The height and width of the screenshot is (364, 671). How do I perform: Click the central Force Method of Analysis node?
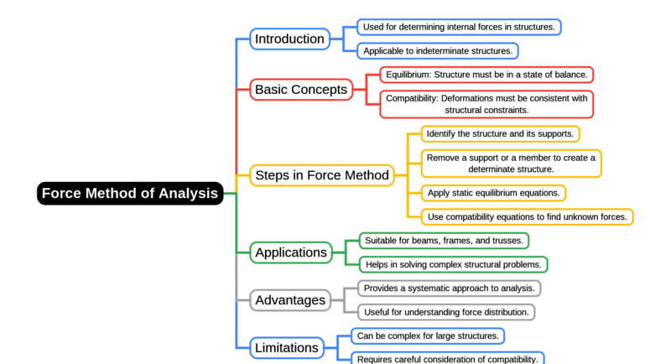130,194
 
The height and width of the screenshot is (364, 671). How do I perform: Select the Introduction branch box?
289,39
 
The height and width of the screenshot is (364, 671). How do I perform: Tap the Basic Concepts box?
301,89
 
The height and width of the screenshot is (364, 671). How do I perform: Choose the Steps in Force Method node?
322,175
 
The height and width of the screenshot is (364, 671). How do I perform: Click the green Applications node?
291,252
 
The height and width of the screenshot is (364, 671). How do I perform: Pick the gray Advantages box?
290,299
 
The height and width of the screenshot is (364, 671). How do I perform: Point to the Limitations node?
287,347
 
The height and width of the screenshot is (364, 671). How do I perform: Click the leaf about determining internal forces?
459,27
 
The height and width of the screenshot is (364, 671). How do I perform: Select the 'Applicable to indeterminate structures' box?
437,50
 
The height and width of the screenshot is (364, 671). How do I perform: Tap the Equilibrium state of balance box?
486,75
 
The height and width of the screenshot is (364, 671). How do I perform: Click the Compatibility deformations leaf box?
486,104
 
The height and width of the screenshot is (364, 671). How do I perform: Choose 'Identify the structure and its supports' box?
500,133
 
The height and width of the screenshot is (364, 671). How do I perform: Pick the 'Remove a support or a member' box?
511,163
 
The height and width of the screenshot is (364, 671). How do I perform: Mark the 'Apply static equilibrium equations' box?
493,193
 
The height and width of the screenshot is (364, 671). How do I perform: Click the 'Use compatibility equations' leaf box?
527,217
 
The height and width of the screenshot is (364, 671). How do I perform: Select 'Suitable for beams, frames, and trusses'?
444,241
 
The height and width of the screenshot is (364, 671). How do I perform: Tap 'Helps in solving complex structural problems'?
453,264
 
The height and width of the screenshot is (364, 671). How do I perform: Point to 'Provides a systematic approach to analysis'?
449,288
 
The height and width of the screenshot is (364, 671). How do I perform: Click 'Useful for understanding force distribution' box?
446,312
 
